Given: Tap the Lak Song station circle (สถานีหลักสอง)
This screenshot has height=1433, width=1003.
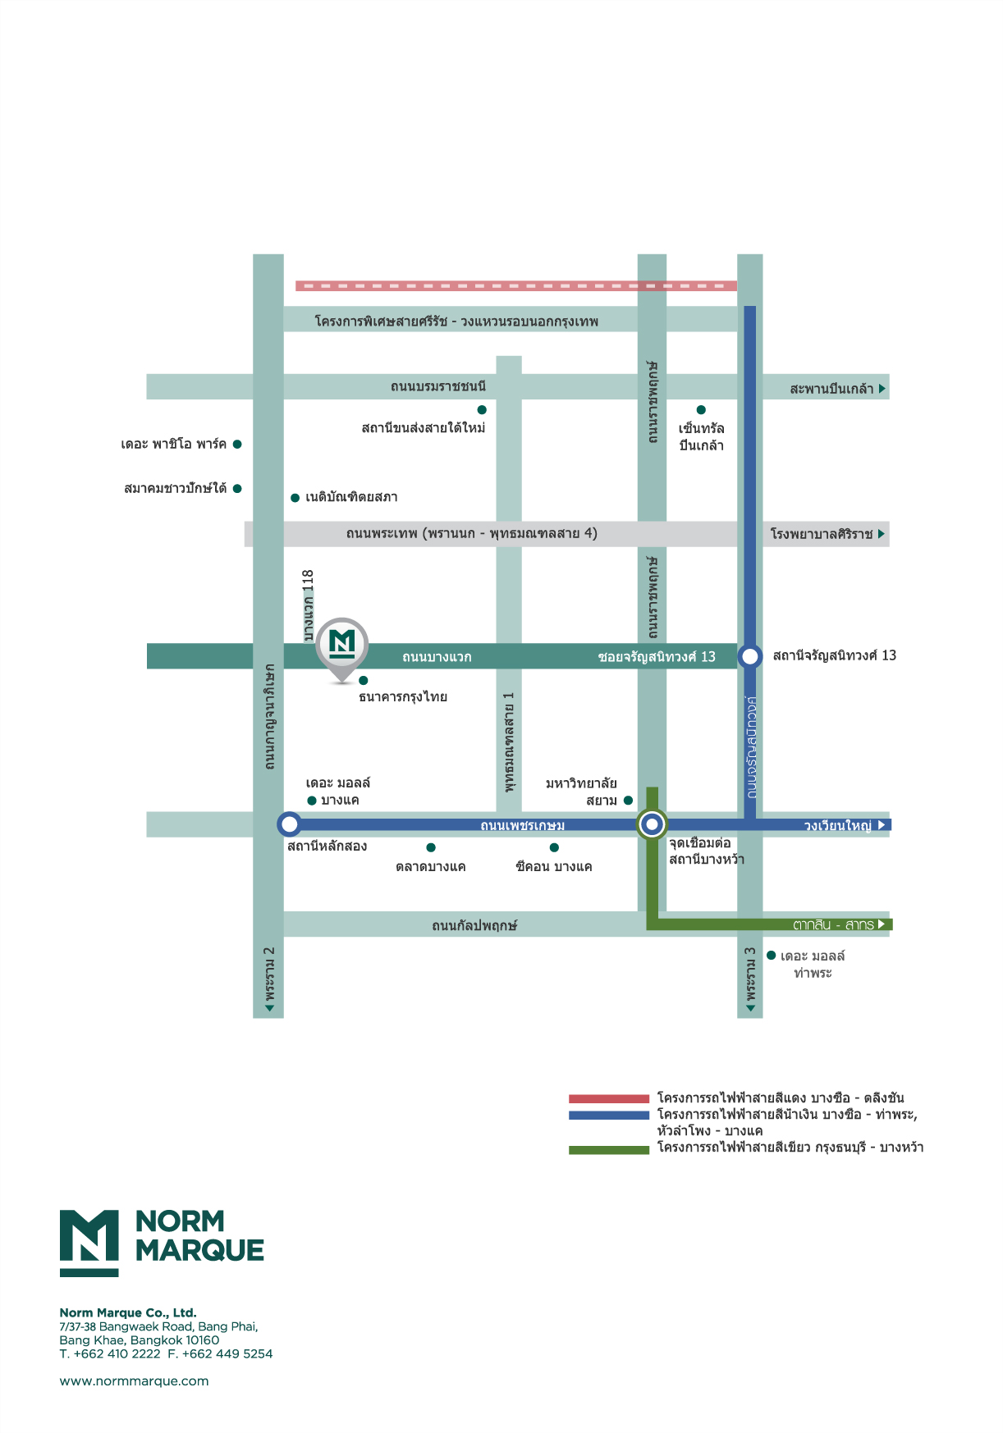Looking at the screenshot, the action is tap(289, 824).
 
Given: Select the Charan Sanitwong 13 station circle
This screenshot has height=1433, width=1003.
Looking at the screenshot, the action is tap(749, 656).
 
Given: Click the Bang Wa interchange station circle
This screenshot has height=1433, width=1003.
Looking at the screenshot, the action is tap(652, 824).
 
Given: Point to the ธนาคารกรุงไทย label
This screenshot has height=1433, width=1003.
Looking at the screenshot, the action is tap(403, 697).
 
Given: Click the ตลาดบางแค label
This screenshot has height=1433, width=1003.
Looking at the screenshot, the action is tap(430, 867).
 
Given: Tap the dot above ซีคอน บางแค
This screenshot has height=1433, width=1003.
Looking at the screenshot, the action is tap(554, 847).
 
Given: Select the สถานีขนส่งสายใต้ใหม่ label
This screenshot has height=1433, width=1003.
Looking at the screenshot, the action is tap(424, 427).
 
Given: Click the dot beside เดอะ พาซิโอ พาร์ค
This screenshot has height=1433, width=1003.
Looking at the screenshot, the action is tap(237, 444).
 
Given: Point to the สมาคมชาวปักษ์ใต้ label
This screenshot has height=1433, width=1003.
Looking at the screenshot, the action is tap(175, 488).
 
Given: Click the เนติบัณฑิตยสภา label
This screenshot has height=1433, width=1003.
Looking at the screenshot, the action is tap(351, 497).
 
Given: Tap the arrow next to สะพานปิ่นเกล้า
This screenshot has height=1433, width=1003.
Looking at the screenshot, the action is tap(882, 388).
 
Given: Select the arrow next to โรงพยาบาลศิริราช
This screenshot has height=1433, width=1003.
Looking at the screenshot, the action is tap(882, 534).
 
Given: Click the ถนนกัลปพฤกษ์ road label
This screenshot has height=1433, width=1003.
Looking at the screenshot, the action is tap(474, 925).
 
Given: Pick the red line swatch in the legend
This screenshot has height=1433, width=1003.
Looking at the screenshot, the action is tap(609, 1098).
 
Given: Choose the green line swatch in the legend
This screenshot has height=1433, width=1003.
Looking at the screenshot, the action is tap(609, 1150).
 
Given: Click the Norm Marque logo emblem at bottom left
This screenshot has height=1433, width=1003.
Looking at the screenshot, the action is tap(89, 1242).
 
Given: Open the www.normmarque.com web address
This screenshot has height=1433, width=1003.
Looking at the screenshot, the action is tap(134, 1381).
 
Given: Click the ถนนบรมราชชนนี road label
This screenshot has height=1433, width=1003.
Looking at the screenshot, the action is tap(438, 386).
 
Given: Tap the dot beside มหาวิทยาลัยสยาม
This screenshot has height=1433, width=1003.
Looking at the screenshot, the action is tap(628, 801).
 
